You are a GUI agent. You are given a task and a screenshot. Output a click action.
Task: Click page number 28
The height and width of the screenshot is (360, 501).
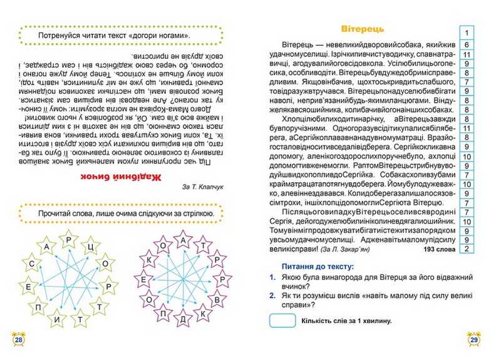point(19,340)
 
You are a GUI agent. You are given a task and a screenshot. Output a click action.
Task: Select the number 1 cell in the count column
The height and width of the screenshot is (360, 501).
point(467,33)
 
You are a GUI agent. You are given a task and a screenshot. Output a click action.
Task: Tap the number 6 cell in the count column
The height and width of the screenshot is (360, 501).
point(467,45)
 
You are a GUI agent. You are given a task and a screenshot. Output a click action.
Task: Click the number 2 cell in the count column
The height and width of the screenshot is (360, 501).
point(467,249)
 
